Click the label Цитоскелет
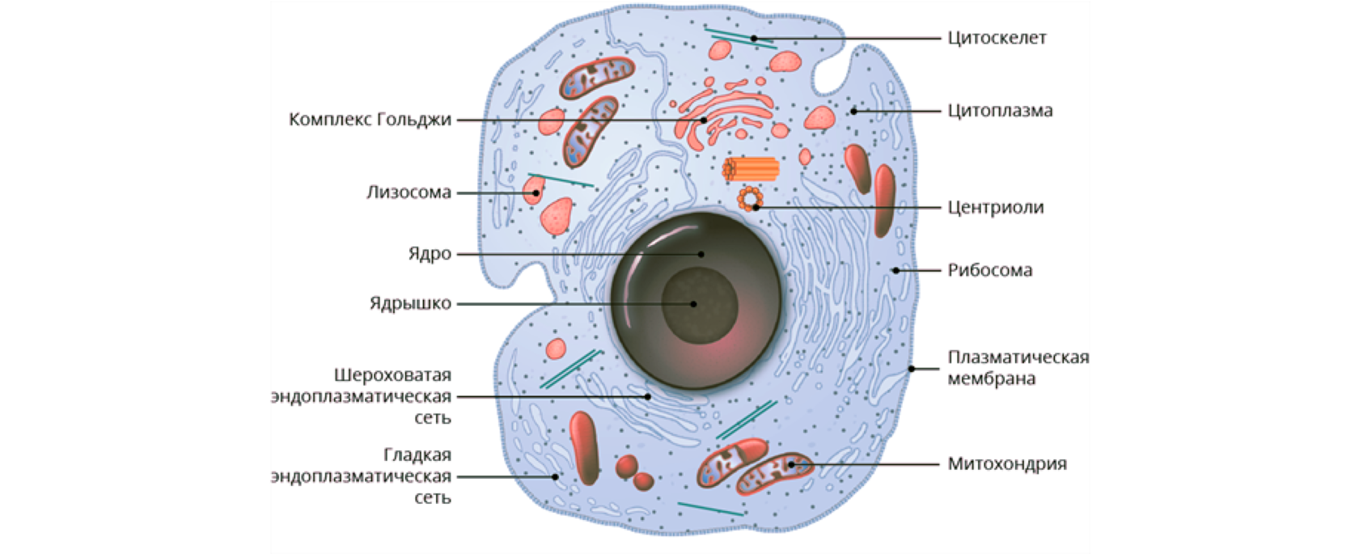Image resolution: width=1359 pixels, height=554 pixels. click(997, 38)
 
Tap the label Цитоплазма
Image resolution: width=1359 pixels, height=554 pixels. click(1000, 111)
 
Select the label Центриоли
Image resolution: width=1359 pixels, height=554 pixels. click(995, 207)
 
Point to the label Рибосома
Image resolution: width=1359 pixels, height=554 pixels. click(989, 270)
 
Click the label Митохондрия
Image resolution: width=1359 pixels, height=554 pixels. click(1006, 464)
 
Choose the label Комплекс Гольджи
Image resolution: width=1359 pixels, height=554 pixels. click(370, 120)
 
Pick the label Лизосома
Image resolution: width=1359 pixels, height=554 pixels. click(409, 192)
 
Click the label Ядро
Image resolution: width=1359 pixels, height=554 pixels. click(429, 254)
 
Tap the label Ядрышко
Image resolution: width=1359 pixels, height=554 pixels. click(410, 304)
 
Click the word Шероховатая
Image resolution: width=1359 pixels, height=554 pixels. click(392, 375)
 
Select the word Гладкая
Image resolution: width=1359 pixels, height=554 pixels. click(417, 455)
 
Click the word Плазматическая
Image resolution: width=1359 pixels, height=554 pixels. click(1018, 357)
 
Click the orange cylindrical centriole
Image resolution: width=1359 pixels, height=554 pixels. click(751, 169)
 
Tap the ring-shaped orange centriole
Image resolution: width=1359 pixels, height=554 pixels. click(750, 197)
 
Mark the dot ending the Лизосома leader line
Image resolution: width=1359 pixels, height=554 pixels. click(536, 192)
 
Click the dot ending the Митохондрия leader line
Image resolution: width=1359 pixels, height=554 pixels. click(791, 464)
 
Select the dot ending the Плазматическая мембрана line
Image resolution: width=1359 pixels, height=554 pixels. click(912, 369)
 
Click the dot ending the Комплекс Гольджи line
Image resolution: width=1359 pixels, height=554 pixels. click(704, 120)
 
